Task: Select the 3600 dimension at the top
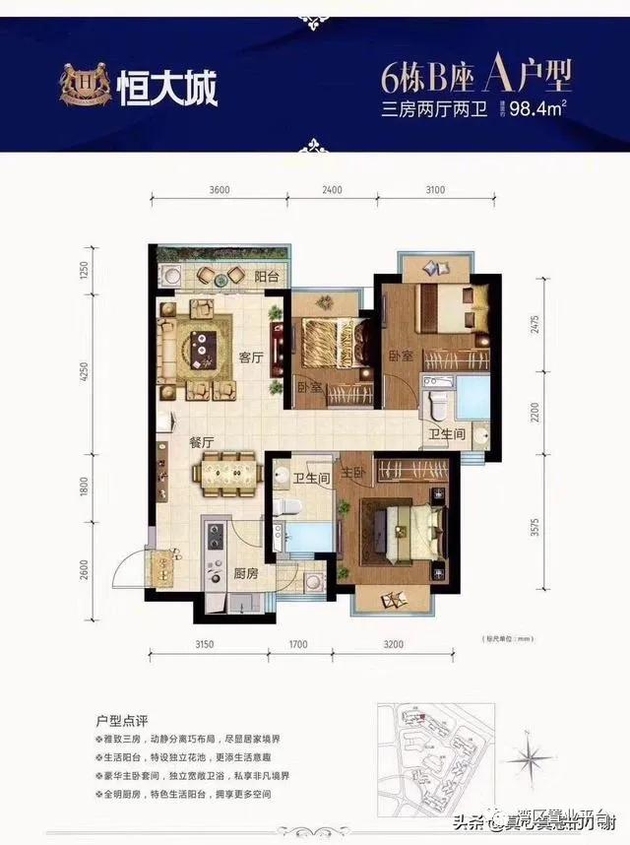tap(220, 189)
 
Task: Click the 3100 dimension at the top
tap(435, 189)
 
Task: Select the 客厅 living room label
tap(250, 358)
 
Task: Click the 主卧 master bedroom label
tap(352, 472)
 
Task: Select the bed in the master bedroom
tap(402, 525)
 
